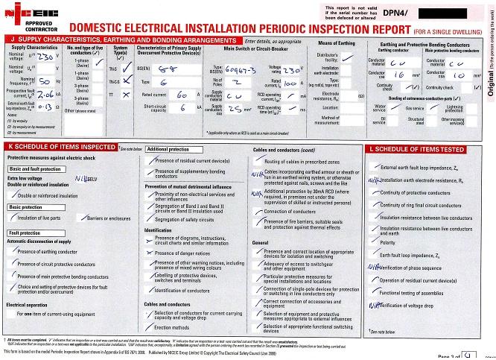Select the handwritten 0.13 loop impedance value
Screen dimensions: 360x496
click(46, 107)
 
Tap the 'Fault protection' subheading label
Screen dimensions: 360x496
click(25, 233)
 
